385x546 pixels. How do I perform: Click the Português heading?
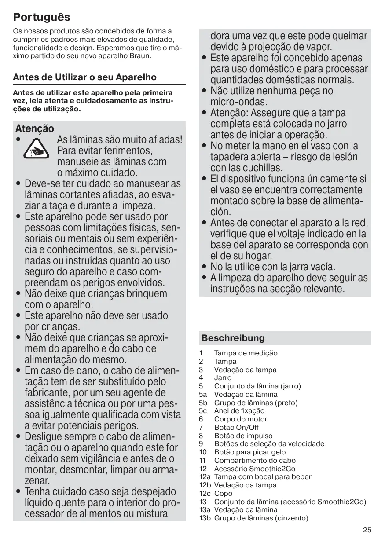(42, 18)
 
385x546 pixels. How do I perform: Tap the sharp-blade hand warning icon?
(33, 149)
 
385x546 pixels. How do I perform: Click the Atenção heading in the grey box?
(35, 128)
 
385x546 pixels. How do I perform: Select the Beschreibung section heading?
(233, 338)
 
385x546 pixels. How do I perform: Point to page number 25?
(367, 530)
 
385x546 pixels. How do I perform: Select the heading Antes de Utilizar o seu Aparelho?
(85, 77)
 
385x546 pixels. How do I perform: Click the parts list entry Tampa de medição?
(246, 353)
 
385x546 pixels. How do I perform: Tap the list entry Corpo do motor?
(240, 419)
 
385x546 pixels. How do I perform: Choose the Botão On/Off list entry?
(236, 427)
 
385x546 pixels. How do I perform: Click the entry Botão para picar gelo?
(249, 452)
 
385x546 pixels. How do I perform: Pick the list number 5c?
(203, 411)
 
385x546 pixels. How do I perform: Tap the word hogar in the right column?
(256, 256)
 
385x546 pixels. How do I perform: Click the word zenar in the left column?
(37, 481)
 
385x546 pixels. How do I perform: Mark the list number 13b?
(205, 518)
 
